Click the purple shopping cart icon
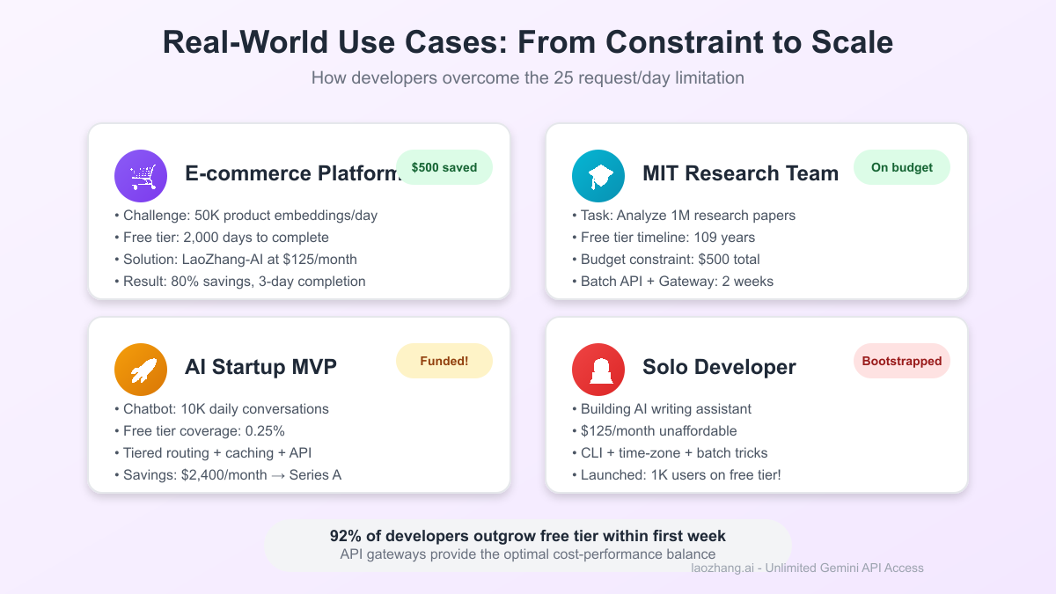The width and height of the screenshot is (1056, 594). [141, 176]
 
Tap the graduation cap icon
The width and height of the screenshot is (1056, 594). [598, 176]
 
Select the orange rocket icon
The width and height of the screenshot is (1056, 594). [141, 370]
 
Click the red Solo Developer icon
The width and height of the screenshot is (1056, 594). [598, 370]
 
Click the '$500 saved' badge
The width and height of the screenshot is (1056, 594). [444, 167]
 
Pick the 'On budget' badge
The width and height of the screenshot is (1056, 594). [901, 167]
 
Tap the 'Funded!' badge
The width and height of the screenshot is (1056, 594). [444, 361]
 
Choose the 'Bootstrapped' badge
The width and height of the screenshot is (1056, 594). [901, 361]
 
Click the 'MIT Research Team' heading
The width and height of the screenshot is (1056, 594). [740, 173]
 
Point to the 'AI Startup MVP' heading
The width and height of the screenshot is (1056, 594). [260, 367]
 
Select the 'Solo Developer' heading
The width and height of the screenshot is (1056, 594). [719, 367]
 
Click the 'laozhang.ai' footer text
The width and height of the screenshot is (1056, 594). [723, 568]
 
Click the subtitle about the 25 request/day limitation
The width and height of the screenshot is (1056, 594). [528, 78]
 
